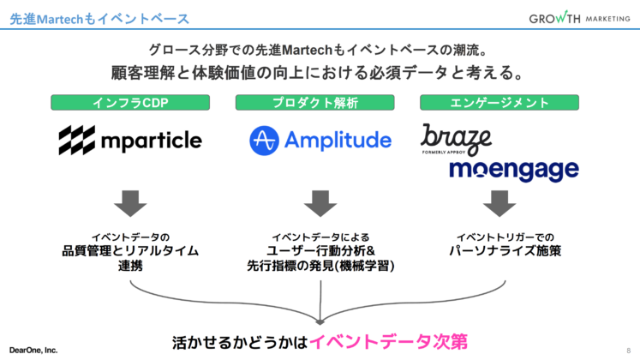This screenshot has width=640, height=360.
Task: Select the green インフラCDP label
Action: [130, 103]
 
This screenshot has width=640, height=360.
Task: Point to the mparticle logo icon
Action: [76, 140]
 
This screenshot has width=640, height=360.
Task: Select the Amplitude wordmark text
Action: [339, 141]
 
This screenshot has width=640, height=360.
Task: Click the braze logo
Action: [456, 138]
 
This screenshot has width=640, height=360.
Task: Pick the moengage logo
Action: [514, 169]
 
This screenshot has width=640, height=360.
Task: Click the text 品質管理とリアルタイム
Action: [130, 251]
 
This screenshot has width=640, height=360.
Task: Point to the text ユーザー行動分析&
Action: [318, 251]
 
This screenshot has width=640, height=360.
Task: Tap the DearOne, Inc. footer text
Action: [33, 350]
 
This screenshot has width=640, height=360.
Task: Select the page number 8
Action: [628, 350]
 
